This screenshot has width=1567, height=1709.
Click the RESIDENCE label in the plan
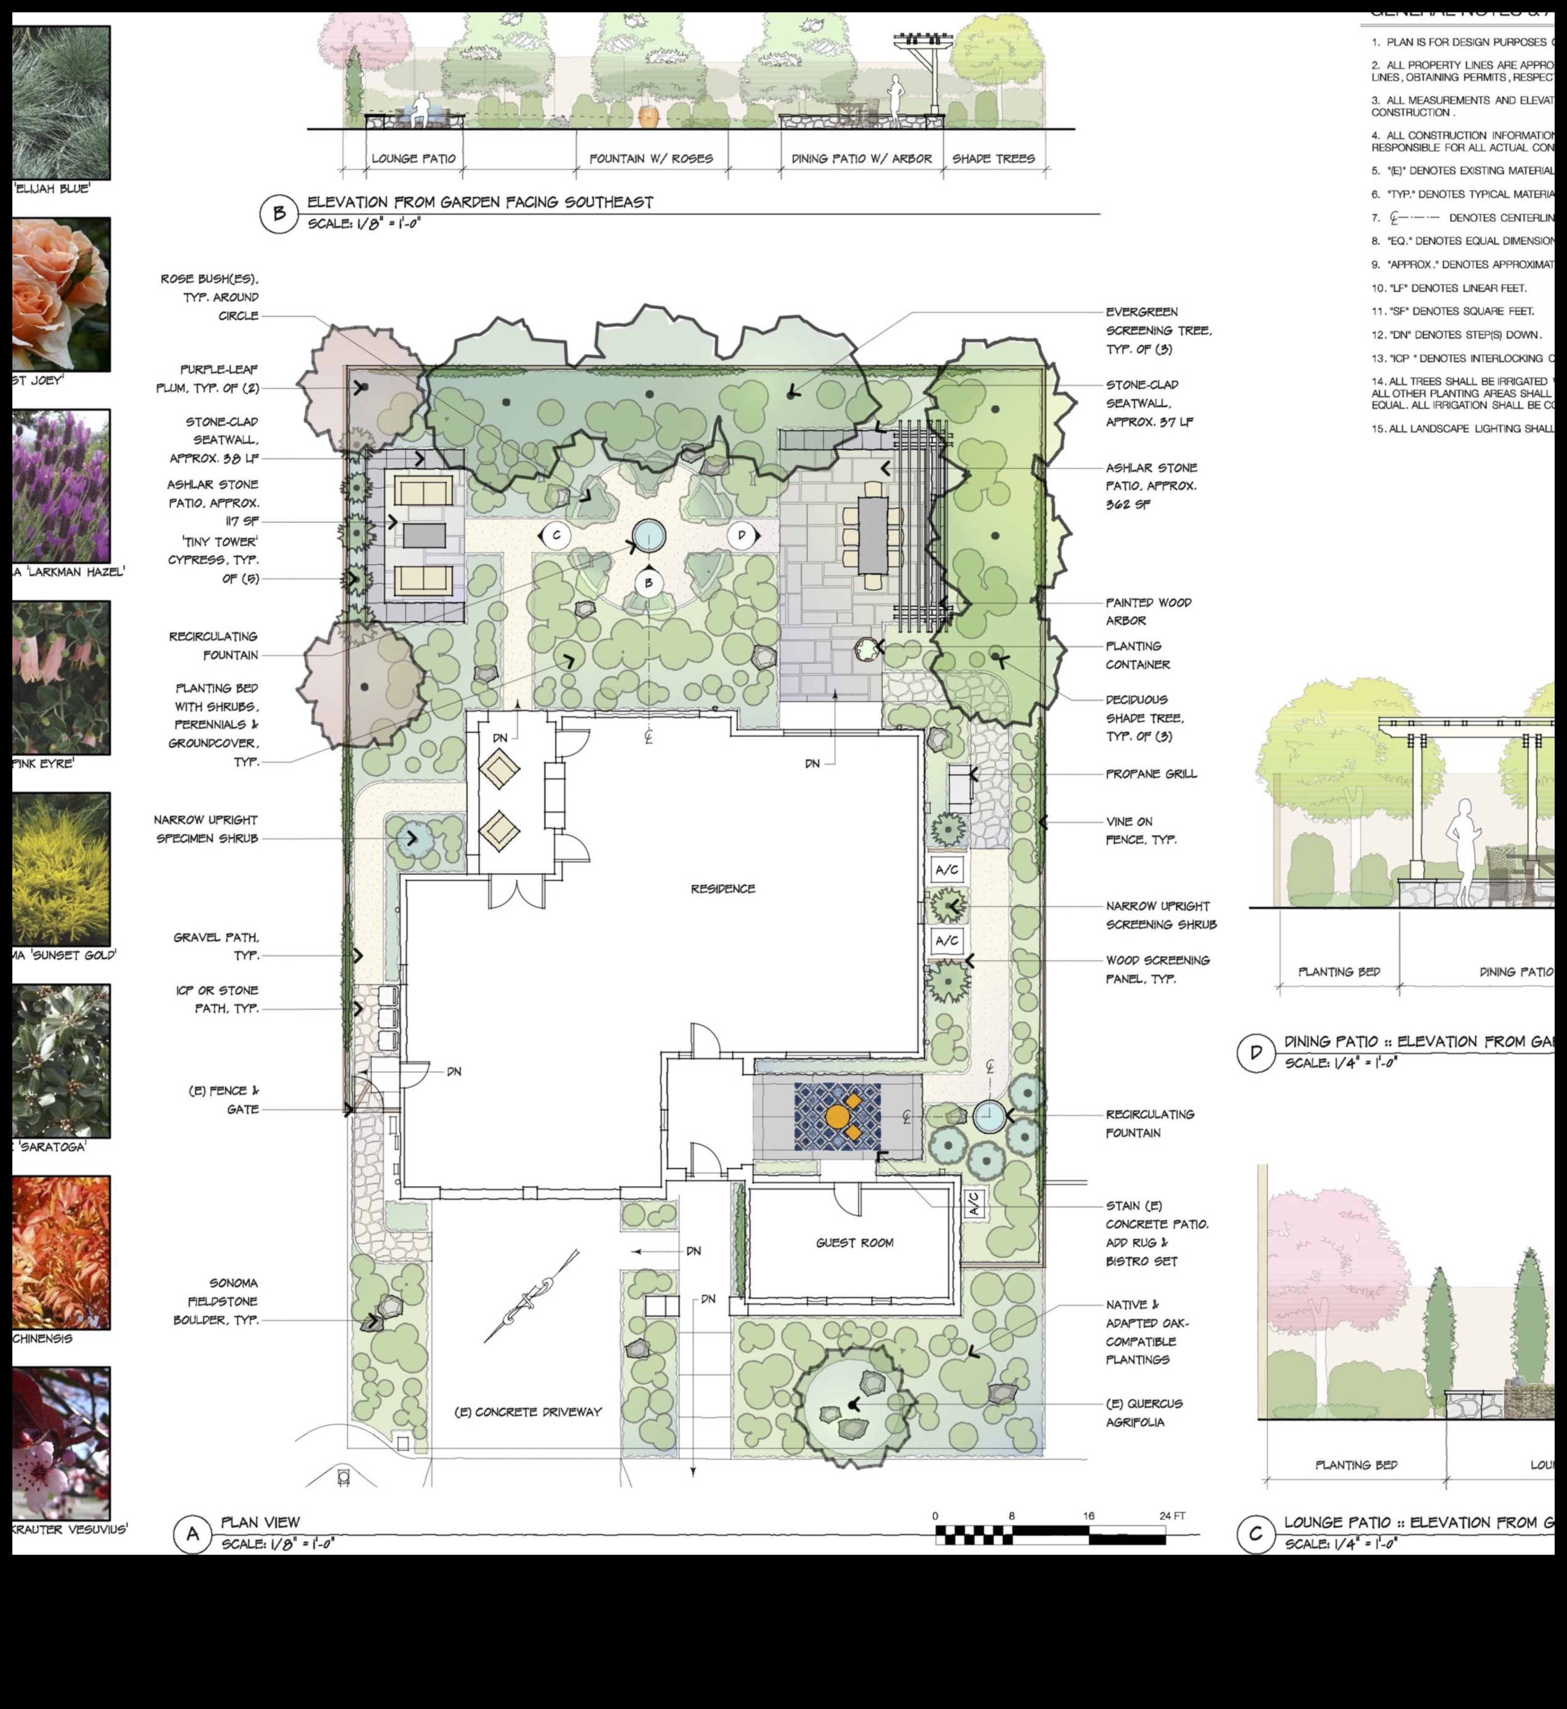[722, 889]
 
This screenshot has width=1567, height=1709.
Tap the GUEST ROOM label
[854, 1243]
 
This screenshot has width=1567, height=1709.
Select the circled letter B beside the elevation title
[279, 213]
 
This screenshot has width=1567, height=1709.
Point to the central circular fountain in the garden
[648, 535]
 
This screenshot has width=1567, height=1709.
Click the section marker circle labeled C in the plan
[556, 535]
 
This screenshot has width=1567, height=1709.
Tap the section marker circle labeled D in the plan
[741, 535]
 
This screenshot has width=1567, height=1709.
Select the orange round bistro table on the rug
[837, 1116]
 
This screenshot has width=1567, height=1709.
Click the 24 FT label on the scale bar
[1172, 1516]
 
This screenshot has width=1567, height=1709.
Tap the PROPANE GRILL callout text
[1151, 774]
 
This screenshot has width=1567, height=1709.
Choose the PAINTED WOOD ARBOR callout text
[1148, 611]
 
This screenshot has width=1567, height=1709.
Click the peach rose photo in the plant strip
[60, 294]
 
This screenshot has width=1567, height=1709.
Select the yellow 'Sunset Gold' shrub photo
[60, 869]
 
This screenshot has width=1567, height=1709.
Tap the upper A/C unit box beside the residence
[946, 869]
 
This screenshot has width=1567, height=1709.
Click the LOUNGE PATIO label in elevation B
[414, 159]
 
